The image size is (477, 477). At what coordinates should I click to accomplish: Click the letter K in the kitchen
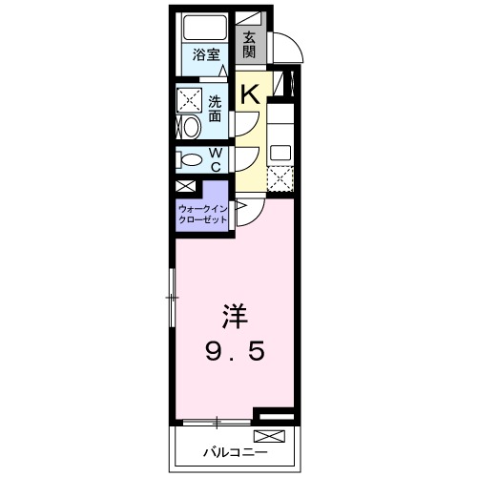point(250,93)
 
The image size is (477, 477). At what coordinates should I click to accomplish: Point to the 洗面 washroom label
point(215,109)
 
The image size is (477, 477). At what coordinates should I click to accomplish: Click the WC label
point(216,159)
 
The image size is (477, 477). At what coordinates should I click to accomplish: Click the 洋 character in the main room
point(235,316)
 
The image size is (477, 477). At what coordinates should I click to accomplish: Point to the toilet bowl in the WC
point(191,159)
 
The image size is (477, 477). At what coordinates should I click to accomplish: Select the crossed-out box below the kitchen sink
point(280,179)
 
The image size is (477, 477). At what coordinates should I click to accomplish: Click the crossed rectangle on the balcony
point(269,437)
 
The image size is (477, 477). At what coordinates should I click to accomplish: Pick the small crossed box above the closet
point(184,187)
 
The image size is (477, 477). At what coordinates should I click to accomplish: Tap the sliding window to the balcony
point(218,421)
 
